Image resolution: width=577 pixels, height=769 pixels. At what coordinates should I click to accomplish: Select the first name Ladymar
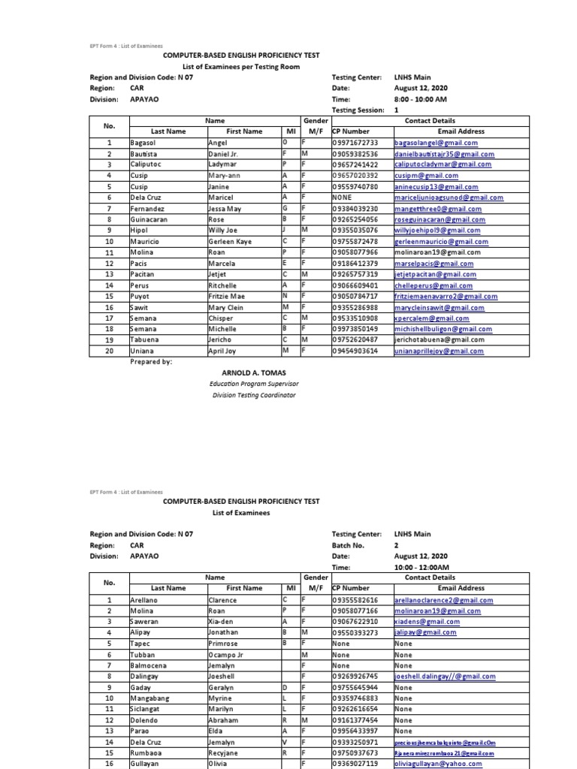(223, 164)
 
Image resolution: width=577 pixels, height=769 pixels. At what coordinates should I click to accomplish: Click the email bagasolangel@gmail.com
(435, 142)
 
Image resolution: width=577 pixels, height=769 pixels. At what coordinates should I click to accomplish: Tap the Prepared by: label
(151, 361)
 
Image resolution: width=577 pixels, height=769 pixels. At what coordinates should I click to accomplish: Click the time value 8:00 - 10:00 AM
(420, 98)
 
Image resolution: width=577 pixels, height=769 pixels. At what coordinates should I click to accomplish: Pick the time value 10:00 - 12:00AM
(421, 567)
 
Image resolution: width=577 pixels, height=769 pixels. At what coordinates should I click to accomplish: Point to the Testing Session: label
(358, 109)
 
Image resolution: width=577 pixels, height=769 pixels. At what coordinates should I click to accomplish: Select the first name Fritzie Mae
(226, 297)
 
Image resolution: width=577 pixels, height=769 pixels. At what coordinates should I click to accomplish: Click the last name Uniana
(142, 351)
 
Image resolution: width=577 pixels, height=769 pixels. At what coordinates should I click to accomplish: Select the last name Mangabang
(150, 698)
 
